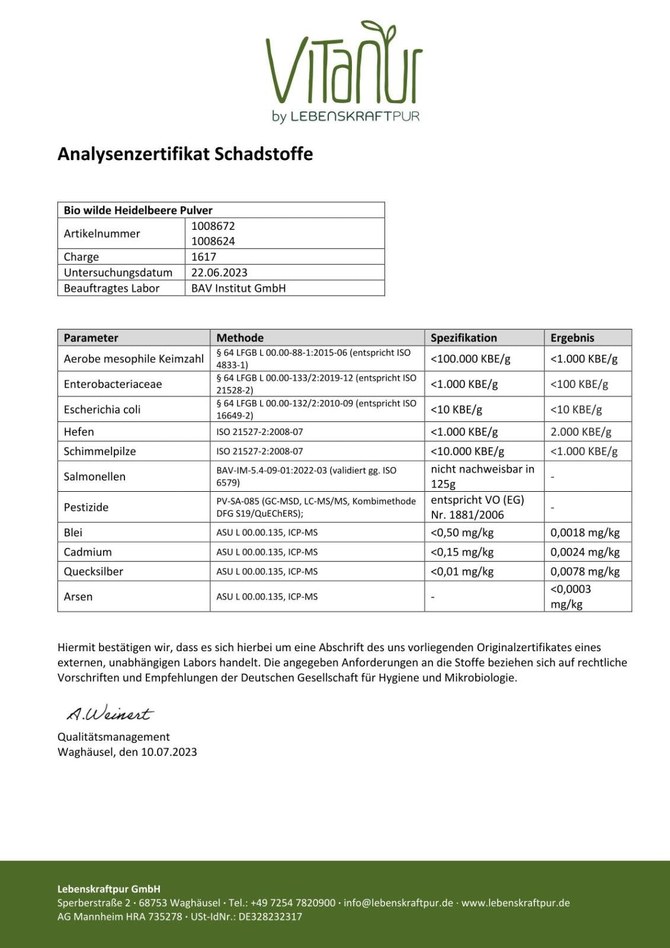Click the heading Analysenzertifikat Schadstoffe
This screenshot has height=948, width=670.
(x=185, y=154)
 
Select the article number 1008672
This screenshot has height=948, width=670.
(x=213, y=226)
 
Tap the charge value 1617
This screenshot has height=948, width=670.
(x=204, y=257)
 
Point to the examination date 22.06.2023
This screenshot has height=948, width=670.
(x=219, y=273)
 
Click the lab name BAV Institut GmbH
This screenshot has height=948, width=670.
(x=238, y=288)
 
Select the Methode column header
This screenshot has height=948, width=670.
(x=240, y=338)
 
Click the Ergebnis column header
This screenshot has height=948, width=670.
(x=572, y=338)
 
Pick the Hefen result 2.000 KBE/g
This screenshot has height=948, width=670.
(x=581, y=431)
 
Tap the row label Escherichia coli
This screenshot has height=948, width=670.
(x=102, y=409)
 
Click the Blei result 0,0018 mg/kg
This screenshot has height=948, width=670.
(x=585, y=532)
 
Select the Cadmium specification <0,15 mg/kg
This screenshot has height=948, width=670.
(x=462, y=552)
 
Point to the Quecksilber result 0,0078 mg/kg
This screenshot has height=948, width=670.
(x=585, y=571)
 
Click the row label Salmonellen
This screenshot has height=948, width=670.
(x=95, y=476)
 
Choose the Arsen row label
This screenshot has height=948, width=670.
(x=78, y=597)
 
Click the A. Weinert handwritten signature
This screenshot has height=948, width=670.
(x=110, y=713)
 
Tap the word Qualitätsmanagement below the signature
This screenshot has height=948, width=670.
(x=114, y=736)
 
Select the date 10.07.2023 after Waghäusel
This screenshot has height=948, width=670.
(x=169, y=752)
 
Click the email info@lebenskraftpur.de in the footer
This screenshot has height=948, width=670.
(x=398, y=903)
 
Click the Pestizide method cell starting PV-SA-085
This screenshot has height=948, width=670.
(x=316, y=507)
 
